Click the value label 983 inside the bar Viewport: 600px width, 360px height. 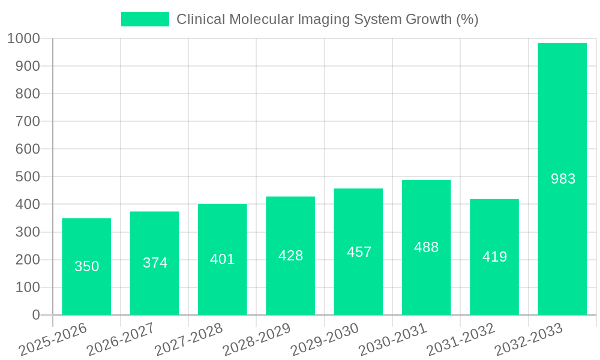click(563, 179)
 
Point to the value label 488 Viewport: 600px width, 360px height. click(426, 247)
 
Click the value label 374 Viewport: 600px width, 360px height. click(155, 263)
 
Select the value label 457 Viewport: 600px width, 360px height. click(359, 252)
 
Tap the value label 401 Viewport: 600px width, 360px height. click(222, 260)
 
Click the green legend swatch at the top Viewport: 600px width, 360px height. click(145, 19)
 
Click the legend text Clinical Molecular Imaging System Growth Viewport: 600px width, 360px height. click(327, 19)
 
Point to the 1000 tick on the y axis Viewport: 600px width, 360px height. click(23, 38)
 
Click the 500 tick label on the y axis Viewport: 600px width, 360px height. click(28, 177)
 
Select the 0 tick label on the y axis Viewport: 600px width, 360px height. click(35, 315)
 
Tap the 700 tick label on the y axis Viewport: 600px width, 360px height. click(28, 121)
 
